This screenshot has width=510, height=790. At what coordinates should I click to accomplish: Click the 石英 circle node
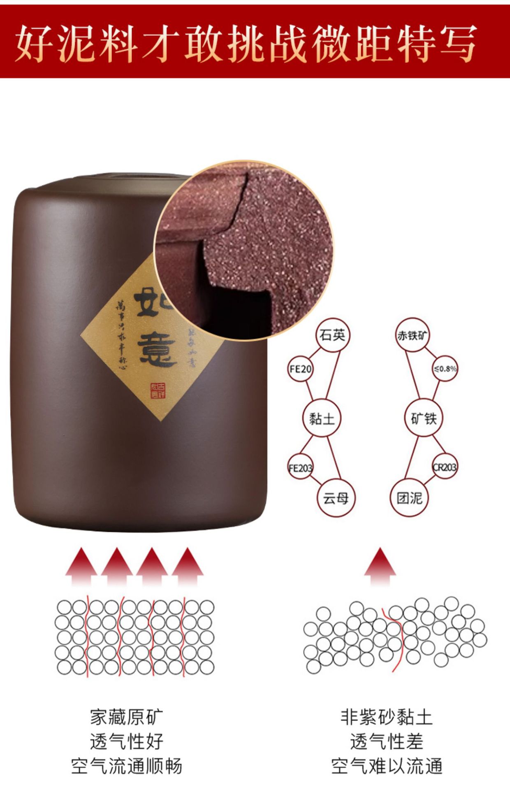(332, 335)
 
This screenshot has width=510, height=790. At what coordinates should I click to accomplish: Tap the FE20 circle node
(300, 369)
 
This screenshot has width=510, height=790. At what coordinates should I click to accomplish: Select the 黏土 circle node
(322, 418)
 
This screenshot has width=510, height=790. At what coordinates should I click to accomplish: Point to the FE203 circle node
(301, 467)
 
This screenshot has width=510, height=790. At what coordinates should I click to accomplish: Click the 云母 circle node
(336, 498)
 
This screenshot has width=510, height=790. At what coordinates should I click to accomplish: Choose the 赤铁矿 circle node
(413, 335)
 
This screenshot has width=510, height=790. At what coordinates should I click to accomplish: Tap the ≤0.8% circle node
(445, 369)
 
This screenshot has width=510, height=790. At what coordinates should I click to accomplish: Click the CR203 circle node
(445, 467)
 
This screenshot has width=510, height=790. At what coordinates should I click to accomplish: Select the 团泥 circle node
(410, 498)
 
